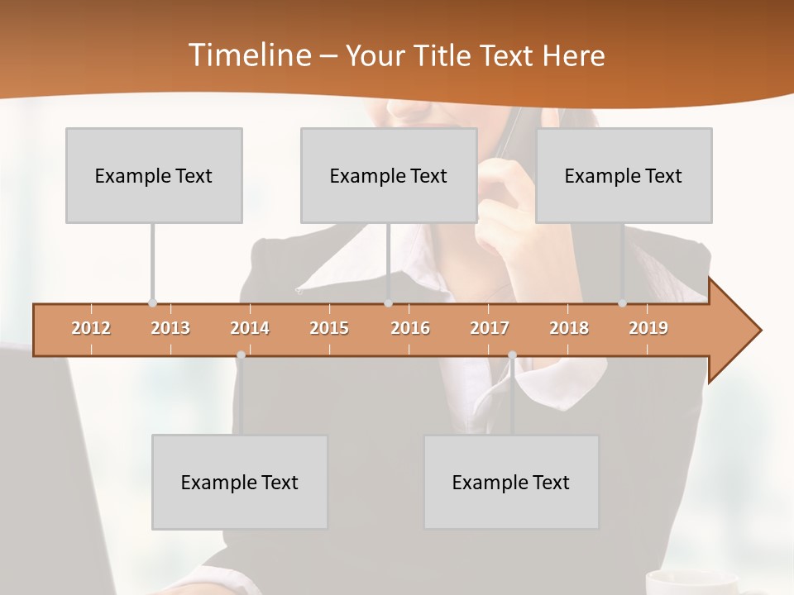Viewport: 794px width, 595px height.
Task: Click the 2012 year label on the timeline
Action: (91, 328)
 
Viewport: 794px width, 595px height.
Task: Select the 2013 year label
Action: (170, 328)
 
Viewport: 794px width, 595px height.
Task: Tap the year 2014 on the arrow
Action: (250, 328)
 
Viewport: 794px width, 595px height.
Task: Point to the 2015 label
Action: (329, 328)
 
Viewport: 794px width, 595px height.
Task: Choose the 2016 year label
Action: (410, 328)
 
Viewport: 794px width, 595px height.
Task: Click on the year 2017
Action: (490, 328)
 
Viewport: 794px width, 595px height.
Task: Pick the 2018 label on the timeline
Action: (569, 328)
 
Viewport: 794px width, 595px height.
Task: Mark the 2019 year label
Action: (648, 328)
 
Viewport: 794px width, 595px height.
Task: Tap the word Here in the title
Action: (573, 56)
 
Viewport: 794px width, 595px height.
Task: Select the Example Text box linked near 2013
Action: (154, 175)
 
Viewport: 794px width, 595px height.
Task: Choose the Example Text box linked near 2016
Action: (389, 175)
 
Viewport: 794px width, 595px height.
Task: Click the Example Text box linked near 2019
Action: (624, 175)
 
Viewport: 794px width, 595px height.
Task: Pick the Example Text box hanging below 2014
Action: (240, 482)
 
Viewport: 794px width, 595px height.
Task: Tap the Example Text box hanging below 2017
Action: (511, 482)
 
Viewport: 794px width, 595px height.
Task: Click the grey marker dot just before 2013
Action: (152, 303)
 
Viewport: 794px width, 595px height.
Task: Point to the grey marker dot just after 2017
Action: (512, 355)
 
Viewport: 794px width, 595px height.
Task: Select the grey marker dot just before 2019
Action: (622, 303)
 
